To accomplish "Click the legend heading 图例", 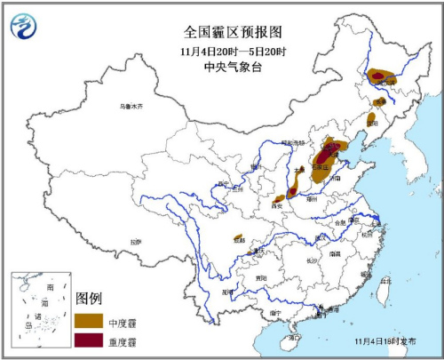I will click(x=90, y=297).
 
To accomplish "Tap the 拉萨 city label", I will click(x=135, y=241).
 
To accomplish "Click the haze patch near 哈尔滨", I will click(x=385, y=77).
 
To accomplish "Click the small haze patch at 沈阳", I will click(x=371, y=119).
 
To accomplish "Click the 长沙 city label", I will click(x=312, y=260).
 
